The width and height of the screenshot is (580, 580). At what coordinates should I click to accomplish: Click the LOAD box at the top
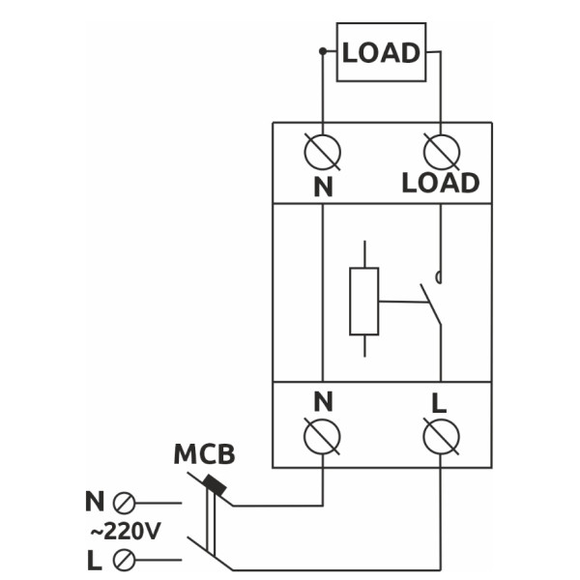pyautogui.click(x=381, y=52)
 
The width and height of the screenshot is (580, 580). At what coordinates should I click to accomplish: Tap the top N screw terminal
pyautogui.click(x=321, y=151)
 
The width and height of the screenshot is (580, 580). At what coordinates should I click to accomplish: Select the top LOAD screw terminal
pyautogui.click(x=441, y=151)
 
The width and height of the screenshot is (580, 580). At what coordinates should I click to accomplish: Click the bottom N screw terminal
pyautogui.click(x=321, y=437)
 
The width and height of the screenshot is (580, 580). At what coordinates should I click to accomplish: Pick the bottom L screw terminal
pyautogui.click(x=441, y=437)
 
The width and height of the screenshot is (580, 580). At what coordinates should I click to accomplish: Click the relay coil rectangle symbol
pyautogui.click(x=363, y=301)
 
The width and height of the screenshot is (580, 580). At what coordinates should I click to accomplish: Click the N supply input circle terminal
pyautogui.click(x=124, y=503)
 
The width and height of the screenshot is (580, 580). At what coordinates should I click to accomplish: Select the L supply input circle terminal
pyautogui.click(x=124, y=560)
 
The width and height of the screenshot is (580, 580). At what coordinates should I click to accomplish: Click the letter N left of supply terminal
pyautogui.click(x=94, y=503)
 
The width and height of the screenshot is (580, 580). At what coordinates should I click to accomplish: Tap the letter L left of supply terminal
pyautogui.click(x=94, y=560)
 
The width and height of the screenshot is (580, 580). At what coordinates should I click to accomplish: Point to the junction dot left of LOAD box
pyautogui.click(x=322, y=50)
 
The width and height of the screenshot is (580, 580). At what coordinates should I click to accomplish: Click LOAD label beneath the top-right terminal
pyautogui.click(x=441, y=184)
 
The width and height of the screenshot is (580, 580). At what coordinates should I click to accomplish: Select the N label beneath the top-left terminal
pyautogui.click(x=322, y=188)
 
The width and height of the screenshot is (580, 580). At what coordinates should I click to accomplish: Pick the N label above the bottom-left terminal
pyautogui.click(x=322, y=400)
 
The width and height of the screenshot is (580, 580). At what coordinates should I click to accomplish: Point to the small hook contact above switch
pyautogui.click(x=440, y=278)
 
